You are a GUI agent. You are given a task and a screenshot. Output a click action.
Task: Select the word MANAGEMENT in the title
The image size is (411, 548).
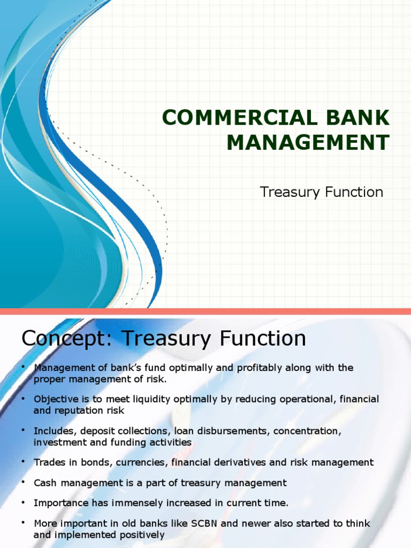pyautogui.click(x=309, y=143)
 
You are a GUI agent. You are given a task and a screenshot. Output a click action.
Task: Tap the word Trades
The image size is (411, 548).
pyautogui.click(x=49, y=462)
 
